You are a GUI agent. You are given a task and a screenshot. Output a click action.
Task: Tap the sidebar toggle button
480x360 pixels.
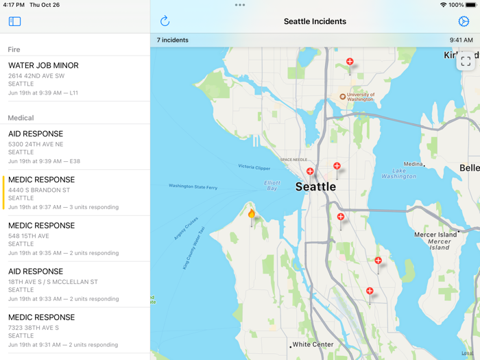[14, 21]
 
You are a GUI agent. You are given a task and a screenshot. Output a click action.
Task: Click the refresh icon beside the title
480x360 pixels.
[165, 21]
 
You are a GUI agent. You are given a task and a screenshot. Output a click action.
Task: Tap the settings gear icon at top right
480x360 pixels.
[464, 21]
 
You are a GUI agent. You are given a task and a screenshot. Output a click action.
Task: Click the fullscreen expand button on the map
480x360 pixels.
[466, 61]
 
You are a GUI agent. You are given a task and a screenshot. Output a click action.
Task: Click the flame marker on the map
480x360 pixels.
[252, 215]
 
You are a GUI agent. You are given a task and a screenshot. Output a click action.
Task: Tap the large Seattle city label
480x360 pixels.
[315, 187]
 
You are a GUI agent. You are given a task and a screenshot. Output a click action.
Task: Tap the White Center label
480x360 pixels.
[312, 344]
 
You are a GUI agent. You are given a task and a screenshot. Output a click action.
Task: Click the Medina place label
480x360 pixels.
[413, 165]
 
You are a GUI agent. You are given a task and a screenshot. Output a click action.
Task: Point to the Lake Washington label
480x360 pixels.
[399, 173]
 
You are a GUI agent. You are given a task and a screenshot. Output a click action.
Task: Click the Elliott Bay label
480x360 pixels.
[272, 185]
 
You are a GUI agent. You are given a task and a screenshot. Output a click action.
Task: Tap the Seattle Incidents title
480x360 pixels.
[315, 21]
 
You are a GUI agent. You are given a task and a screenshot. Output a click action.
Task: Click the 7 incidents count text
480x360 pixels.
[173, 40]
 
